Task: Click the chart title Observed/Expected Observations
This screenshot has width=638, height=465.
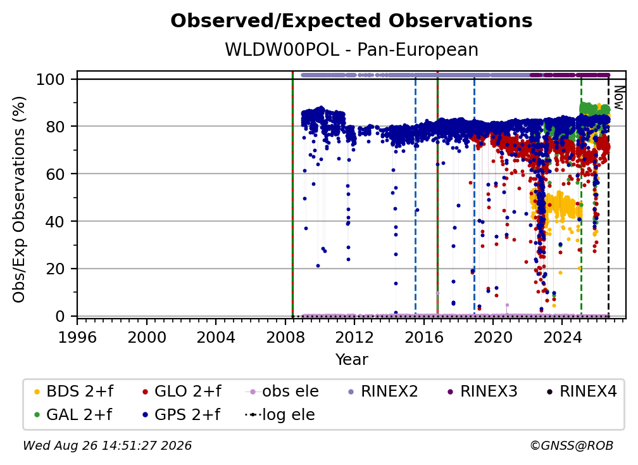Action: pyautogui.click(x=351, y=21)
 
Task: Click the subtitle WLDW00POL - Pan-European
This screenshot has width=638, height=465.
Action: pyautogui.click(x=351, y=50)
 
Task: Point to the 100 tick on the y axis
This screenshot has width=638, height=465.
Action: pyautogui.click(x=51, y=79)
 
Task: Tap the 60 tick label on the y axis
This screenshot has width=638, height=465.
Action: pyautogui.click(x=55, y=174)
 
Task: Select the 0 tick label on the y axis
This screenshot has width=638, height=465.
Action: pyautogui.click(x=60, y=316)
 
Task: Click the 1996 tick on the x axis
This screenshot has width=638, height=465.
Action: pyautogui.click(x=77, y=338)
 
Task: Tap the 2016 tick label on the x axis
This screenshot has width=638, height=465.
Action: pyautogui.click(x=423, y=338)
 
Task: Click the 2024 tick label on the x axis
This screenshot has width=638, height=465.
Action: pyautogui.click(x=562, y=338)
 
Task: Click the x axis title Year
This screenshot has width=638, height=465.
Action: pyautogui.click(x=351, y=360)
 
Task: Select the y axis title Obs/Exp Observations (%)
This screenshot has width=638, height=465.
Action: pyautogui.click(x=19, y=200)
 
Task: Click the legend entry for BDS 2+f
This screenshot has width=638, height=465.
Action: pyautogui.click(x=73, y=392)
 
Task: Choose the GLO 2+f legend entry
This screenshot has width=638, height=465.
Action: pyautogui.click(x=182, y=392)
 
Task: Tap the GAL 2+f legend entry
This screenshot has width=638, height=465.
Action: pyautogui.click(x=73, y=415)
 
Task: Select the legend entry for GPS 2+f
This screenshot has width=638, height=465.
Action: pyautogui.click(x=181, y=415)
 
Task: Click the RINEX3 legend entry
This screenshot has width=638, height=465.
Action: pyautogui.click(x=482, y=392)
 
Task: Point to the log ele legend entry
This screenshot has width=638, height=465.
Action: pyautogui.click(x=280, y=415)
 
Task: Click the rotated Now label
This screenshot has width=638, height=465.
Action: pyautogui.click(x=618, y=98)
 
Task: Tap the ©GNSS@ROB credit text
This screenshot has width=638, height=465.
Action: pyautogui.click(x=572, y=446)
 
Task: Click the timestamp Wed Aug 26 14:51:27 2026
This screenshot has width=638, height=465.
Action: pyautogui.click(x=107, y=446)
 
